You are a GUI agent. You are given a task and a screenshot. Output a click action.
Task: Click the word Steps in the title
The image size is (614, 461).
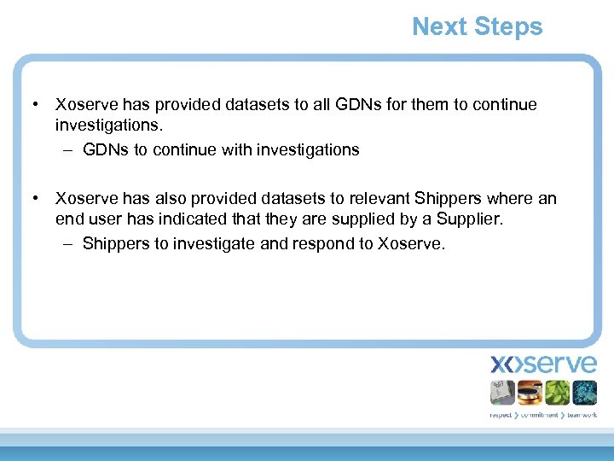pyautogui.click(x=508, y=27)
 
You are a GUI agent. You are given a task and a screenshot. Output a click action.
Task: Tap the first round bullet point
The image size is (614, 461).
pyautogui.click(x=35, y=105)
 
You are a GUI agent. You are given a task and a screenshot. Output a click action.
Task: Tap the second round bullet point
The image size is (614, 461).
pyautogui.click(x=35, y=199)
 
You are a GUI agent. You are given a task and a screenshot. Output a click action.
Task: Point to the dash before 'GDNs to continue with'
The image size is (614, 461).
pyautogui.click(x=67, y=150)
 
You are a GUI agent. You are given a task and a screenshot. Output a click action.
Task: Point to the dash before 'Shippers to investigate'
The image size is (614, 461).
pyautogui.click(x=67, y=244)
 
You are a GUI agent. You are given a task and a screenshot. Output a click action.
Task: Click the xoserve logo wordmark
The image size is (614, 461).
pyautogui.click(x=543, y=365)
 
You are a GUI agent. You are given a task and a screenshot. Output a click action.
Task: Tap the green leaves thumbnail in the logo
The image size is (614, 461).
pyautogui.click(x=557, y=393)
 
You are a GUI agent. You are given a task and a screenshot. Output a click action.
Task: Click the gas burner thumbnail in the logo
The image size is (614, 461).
pyautogui.click(x=530, y=393)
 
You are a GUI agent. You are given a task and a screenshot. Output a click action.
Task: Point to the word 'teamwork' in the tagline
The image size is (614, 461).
pyautogui.click(x=581, y=415)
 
